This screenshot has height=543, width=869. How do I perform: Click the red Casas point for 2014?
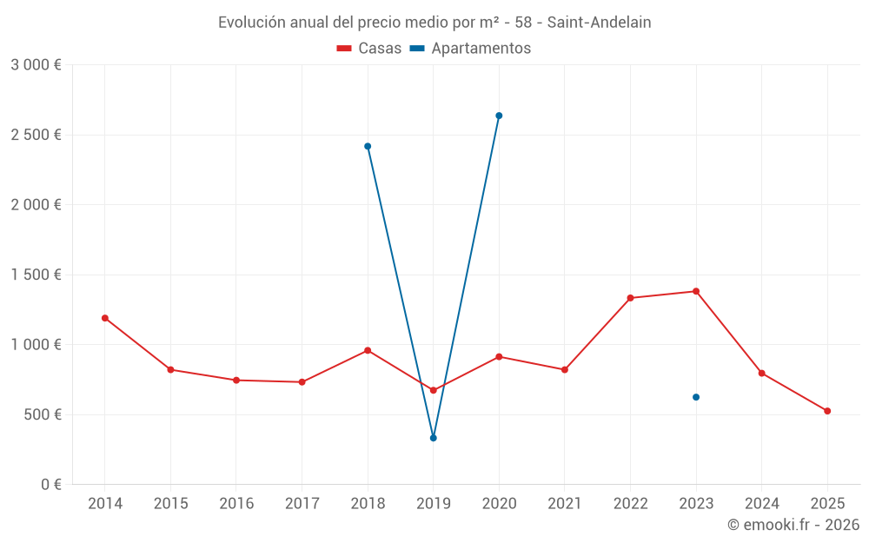[x=105, y=318]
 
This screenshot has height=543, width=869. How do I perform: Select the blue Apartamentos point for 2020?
[x=499, y=116]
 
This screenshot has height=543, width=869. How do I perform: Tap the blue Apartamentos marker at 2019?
[x=433, y=438]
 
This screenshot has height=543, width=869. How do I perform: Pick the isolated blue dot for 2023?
[x=696, y=397]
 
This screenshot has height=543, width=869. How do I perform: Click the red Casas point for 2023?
[x=696, y=291]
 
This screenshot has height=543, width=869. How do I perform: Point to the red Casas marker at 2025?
[x=827, y=411]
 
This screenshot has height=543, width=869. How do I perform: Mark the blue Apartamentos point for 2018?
[x=368, y=146]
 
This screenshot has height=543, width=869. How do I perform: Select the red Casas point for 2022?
[x=630, y=298]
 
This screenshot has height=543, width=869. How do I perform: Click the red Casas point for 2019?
[x=433, y=390]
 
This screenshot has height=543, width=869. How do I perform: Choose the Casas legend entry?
[x=369, y=49]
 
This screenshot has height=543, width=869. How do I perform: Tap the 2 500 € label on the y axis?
[x=36, y=135]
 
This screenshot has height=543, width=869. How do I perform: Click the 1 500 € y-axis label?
[x=36, y=275]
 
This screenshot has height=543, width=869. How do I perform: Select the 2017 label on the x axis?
[x=302, y=504]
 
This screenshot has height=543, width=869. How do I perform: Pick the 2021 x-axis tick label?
[x=565, y=504]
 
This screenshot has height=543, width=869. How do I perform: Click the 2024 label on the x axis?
[x=761, y=504]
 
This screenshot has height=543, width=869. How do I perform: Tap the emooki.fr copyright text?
[x=793, y=525]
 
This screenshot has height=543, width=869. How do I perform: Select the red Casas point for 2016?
[x=236, y=380]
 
